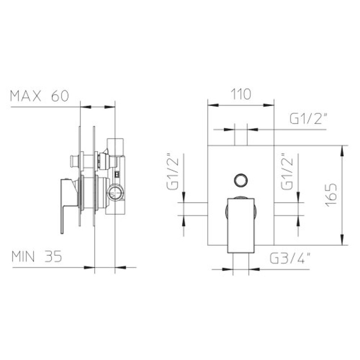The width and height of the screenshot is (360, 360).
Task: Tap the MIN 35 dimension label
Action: tap(37, 256)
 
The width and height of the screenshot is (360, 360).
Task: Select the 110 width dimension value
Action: tap(241, 94)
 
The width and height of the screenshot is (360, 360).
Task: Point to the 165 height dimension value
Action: tap(331, 195)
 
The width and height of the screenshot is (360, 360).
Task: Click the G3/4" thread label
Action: tap(290, 258)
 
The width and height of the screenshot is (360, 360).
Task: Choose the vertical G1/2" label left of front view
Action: tap(172, 171)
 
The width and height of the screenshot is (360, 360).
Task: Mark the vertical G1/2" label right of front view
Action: tap(287, 171)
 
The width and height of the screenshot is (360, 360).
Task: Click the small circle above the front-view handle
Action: tap(241, 180)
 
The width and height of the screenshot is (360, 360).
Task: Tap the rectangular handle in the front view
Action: tap(241, 226)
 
